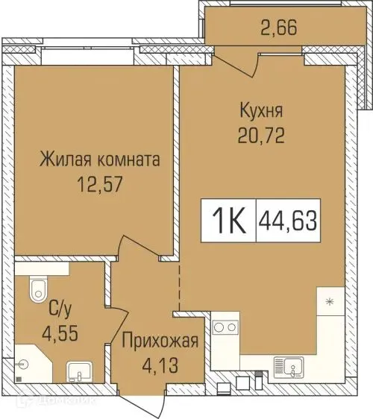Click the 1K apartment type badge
pyautogui.click(x=228, y=221)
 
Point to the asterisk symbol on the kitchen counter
pyautogui.click(x=328, y=302)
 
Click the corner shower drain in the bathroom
pyautogui.click(x=25, y=365)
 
